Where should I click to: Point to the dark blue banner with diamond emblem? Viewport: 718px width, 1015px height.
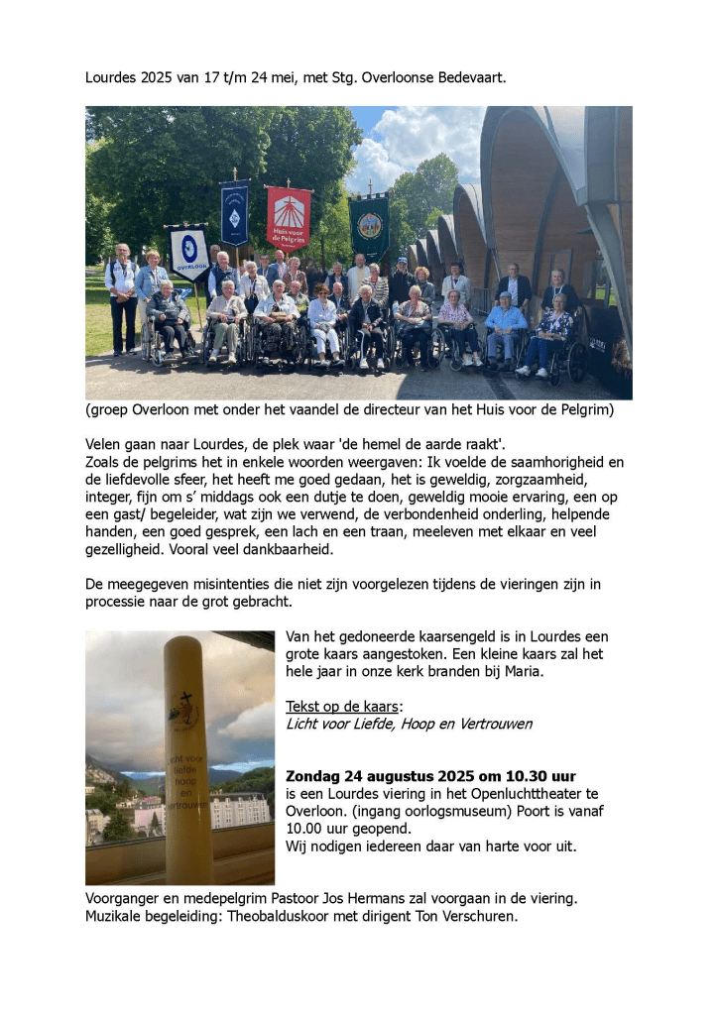point(235,214)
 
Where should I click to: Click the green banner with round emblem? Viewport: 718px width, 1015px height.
point(369,226)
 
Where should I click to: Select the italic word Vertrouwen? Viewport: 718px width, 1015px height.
point(494,725)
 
